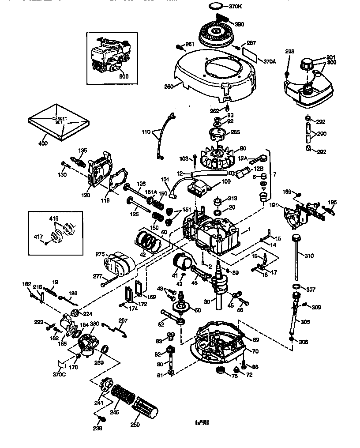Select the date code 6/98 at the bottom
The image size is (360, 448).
(202, 422)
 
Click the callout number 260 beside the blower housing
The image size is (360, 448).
(169, 87)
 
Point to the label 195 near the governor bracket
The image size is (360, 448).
(332, 202)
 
